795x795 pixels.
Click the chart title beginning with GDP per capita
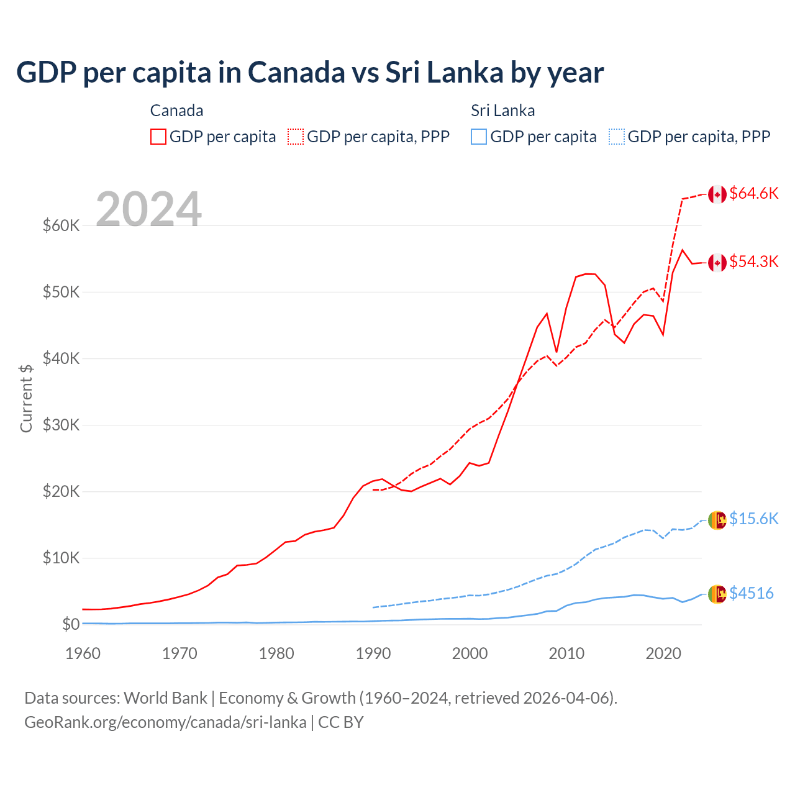pos(309,73)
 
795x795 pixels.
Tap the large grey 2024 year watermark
pos(148,209)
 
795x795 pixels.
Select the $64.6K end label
pos(753,194)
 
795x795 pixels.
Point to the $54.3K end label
pos(753,262)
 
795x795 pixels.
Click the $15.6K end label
pos(753,519)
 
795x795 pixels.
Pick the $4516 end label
pos(752,594)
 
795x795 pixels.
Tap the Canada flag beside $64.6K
pos(717,194)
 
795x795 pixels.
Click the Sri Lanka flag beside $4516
pos(717,594)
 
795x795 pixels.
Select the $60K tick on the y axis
pos(61,225)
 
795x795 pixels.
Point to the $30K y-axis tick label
pos(61,425)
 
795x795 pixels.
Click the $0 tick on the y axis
pos(70,625)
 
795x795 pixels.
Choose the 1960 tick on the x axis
pos(83,653)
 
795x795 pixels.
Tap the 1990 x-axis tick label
pos(373,653)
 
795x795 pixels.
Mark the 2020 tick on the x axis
pos(663,653)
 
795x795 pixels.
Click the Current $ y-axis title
pos(26,398)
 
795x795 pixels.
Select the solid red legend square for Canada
pos(158,137)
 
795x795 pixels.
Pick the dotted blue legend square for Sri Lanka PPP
pos(617,137)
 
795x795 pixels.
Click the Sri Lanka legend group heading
pos(502,111)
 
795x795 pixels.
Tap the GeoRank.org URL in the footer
pos(165,722)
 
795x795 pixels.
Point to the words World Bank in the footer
pos(165,698)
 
